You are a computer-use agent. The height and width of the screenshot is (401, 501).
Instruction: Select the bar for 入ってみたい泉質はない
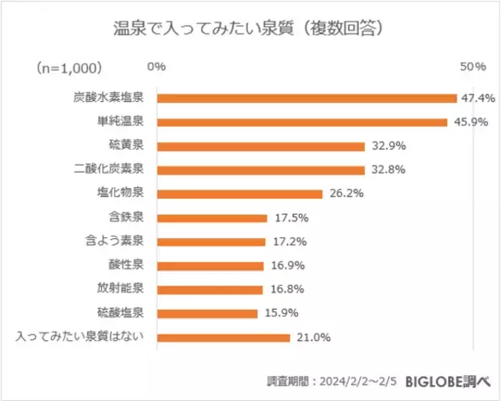coord(223,338)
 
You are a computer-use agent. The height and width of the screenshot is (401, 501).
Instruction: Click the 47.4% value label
coord(478,98)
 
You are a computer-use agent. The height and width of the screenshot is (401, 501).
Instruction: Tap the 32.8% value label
coord(388,170)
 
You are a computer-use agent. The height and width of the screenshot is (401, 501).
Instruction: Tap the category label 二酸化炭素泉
coord(109,170)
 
